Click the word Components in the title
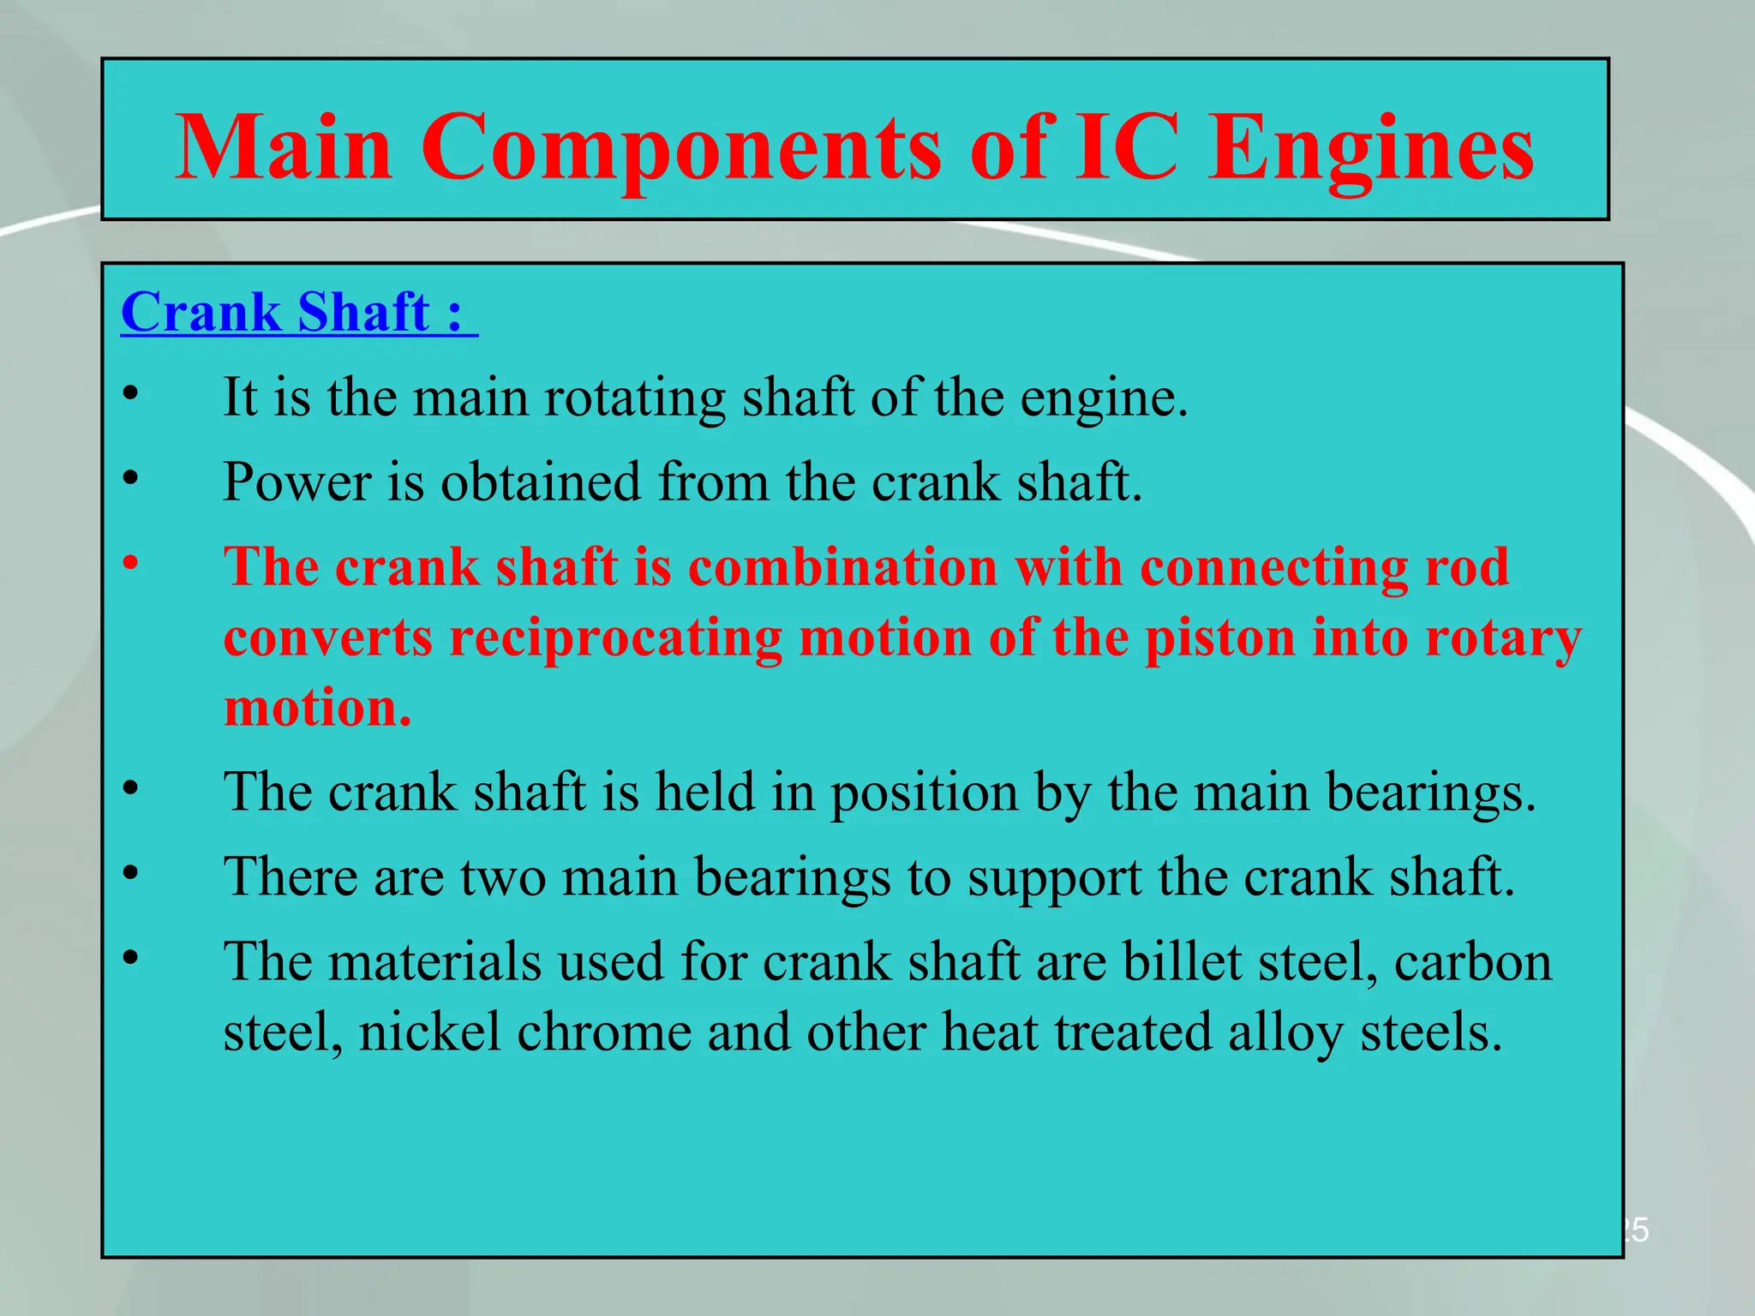click(x=681, y=150)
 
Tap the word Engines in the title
click(x=1370, y=150)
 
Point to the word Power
click(x=296, y=482)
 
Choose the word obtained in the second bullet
click(x=540, y=482)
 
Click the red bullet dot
click(x=130, y=563)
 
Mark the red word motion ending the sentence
click(x=317, y=709)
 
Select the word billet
click(x=1183, y=961)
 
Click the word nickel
click(x=429, y=1032)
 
